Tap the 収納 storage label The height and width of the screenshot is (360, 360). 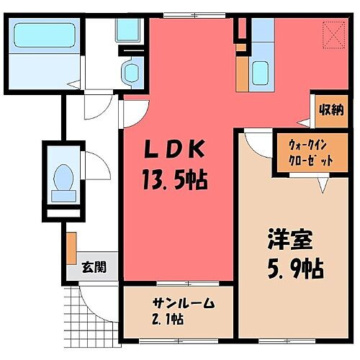click(330, 109)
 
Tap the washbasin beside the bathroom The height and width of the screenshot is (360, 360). click(132, 72)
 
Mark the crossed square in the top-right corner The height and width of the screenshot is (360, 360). click(333, 34)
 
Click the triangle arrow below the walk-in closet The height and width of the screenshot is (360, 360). click(322, 186)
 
